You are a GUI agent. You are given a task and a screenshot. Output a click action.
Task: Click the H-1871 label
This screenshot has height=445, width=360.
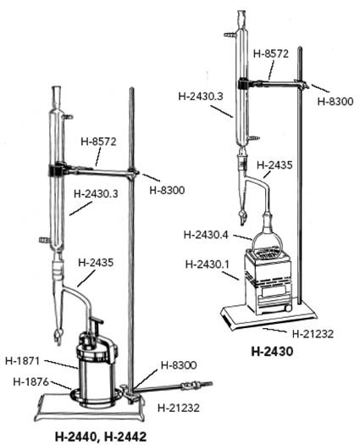[22, 361]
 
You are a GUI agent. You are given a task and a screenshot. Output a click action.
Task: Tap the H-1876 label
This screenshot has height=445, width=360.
[31, 382]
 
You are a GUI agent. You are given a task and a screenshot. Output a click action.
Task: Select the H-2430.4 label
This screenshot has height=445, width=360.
[206, 235]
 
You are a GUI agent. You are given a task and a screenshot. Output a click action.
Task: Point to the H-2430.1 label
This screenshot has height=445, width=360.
[207, 264]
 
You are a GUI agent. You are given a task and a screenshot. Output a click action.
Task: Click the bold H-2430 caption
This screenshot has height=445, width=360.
[272, 352]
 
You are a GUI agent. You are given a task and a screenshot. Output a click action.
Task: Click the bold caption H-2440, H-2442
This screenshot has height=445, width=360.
[101, 437]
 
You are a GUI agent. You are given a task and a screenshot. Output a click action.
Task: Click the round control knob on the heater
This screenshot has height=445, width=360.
[288, 308]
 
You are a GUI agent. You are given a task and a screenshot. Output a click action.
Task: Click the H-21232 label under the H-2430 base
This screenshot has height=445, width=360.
[313, 334]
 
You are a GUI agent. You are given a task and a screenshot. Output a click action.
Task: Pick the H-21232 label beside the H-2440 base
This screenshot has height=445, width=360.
[179, 408]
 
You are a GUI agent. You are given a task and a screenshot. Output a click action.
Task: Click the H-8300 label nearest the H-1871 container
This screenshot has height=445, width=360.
[179, 365]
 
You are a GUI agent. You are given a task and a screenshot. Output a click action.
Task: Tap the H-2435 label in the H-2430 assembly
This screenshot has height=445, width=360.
[274, 165]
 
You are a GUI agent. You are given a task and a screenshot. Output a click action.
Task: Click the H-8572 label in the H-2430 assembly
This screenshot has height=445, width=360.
[271, 53]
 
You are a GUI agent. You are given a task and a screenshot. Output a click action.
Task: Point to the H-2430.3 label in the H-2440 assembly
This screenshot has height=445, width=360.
[96, 194]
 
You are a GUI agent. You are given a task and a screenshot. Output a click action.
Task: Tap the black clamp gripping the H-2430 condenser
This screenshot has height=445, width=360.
[243, 83]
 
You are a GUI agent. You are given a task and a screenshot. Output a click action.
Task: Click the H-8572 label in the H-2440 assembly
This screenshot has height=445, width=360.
[99, 142]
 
